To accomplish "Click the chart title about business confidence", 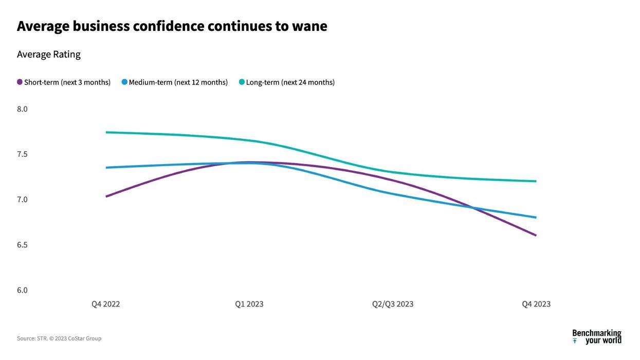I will (x=172, y=26).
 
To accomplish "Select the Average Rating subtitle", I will (x=49, y=55).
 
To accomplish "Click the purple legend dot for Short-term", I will (x=20, y=82).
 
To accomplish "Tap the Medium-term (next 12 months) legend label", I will (x=178, y=82).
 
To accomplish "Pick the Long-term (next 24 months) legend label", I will (x=290, y=82).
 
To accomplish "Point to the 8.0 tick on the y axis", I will (x=22, y=109).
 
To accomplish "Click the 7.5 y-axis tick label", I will (x=22, y=154).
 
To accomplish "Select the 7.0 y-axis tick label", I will (x=22, y=200).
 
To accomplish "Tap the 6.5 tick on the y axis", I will (x=22, y=245).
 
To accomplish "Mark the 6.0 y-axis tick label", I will (x=22, y=290).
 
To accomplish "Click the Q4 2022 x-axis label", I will (x=106, y=304).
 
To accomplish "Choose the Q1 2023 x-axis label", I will (x=249, y=304).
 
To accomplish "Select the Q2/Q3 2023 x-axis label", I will (x=393, y=304).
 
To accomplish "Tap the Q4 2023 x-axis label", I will (x=536, y=304).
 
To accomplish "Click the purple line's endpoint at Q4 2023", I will (x=536, y=236).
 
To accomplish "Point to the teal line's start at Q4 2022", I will (x=106, y=132).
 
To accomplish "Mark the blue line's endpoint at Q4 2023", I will (x=536, y=217).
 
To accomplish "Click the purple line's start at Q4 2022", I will (x=106, y=196).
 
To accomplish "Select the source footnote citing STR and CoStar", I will (x=59, y=338).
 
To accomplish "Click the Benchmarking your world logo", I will (x=597, y=337).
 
